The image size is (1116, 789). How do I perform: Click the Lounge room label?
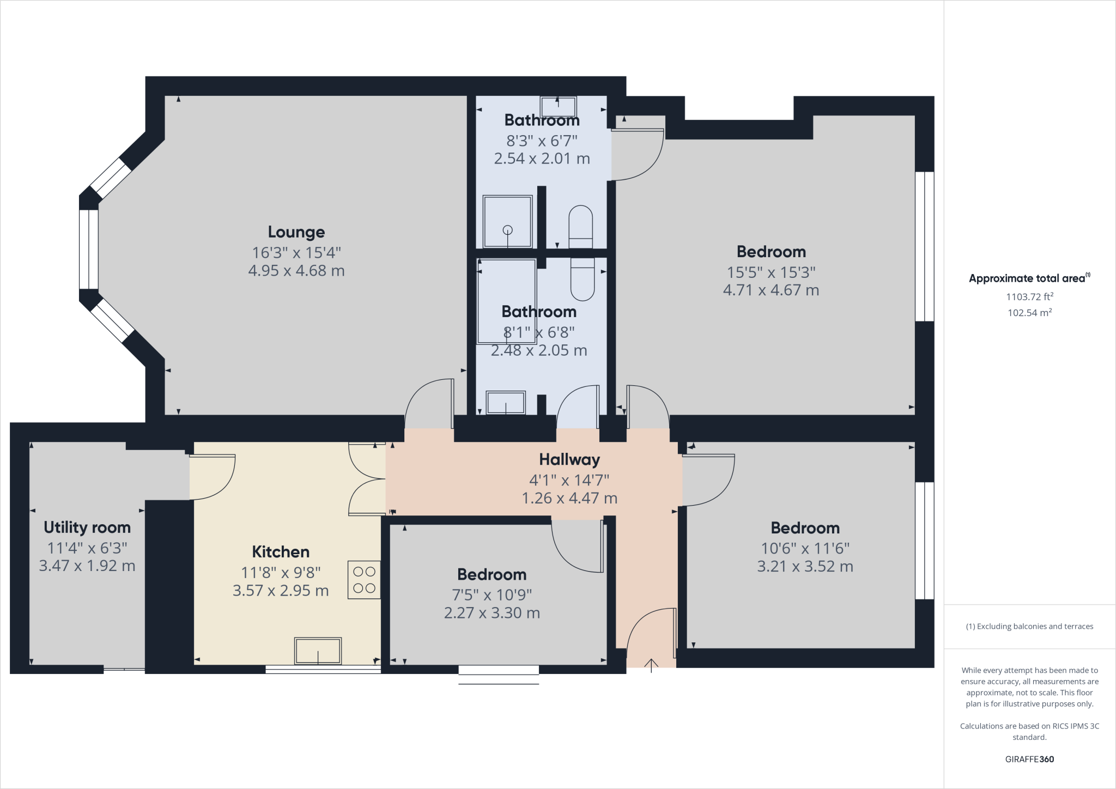pyautogui.click(x=296, y=232)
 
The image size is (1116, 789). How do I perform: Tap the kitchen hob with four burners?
pyautogui.click(x=364, y=580)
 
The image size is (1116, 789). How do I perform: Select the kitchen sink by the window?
pyautogui.click(x=318, y=651)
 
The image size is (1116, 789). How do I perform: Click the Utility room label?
pyautogui.click(x=87, y=527)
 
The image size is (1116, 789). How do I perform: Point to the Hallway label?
pyautogui.click(x=569, y=460)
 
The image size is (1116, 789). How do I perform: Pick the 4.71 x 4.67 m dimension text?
pyautogui.click(x=771, y=290)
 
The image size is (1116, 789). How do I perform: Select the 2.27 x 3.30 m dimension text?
pyautogui.click(x=492, y=613)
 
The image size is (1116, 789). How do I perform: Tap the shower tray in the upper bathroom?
pyautogui.click(x=507, y=222)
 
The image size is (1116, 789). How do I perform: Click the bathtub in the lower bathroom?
pyautogui.click(x=507, y=301)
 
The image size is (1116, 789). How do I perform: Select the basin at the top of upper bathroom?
pyautogui.click(x=558, y=104)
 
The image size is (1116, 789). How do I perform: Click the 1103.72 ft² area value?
pyautogui.click(x=1029, y=297)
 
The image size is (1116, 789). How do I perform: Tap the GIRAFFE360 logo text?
pyautogui.click(x=1029, y=759)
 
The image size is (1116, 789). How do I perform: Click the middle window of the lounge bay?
pyautogui.click(x=89, y=249)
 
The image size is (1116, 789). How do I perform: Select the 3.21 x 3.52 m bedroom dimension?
pyautogui.click(x=805, y=567)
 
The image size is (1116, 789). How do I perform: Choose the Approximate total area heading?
pyautogui.click(x=1029, y=278)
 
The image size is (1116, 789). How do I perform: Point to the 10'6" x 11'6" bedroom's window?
pyautogui.click(x=924, y=541)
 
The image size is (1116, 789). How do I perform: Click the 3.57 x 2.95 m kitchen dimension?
pyautogui.click(x=281, y=591)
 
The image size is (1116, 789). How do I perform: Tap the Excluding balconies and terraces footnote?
pyautogui.click(x=1029, y=627)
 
